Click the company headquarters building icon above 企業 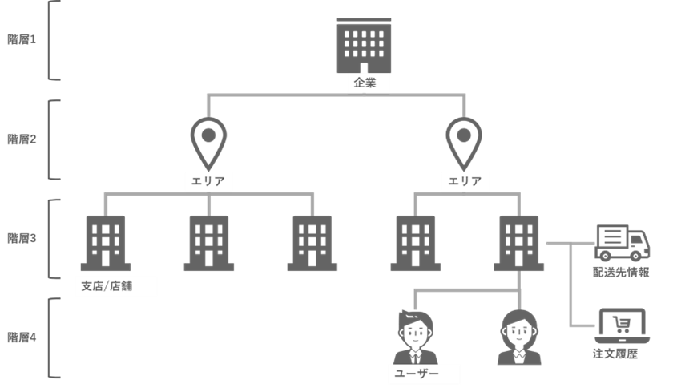pyautogui.click(x=365, y=46)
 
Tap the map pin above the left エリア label pyautogui.click(x=208, y=142)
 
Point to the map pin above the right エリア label pyautogui.click(x=464, y=142)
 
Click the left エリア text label pyautogui.click(x=208, y=182)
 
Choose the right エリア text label pyautogui.click(x=465, y=182)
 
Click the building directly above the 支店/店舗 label pyautogui.click(x=106, y=242)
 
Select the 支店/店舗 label pyautogui.click(x=115, y=286)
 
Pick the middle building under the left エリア pyautogui.click(x=209, y=242)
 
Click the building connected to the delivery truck pyautogui.click(x=519, y=242)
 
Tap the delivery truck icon pyautogui.click(x=622, y=243)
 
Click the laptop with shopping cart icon pyautogui.click(x=621, y=325)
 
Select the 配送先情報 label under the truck pyautogui.click(x=621, y=272)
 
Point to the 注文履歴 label pyautogui.click(x=615, y=353)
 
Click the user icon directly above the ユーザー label pyautogui.click(x=415, y=337)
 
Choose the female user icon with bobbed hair pyautogui.click(x=519, y=337)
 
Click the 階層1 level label pyautogui.click(x=22, y=39)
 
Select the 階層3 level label pyautogui.click(x=22, y=238)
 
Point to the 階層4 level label pyautogui.click(x=22, y=337)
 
